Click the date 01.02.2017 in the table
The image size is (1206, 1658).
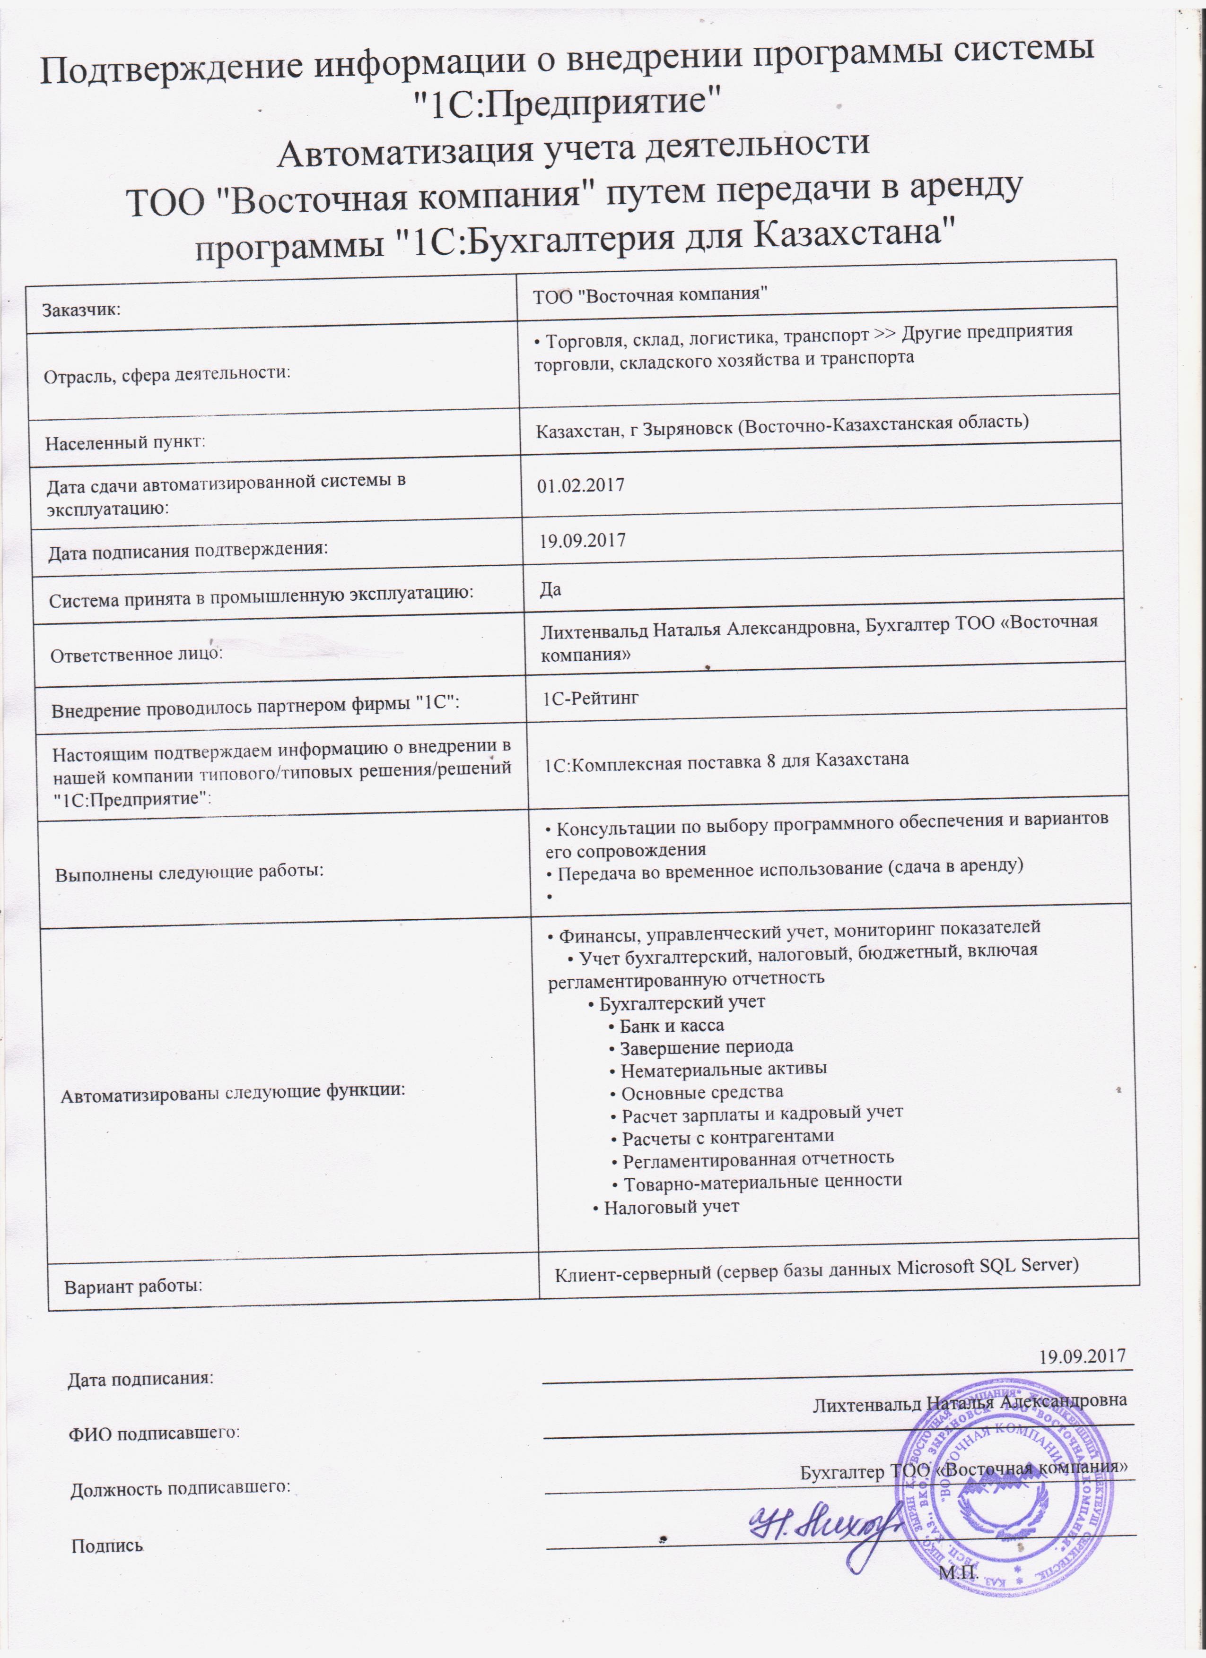click(x=581, y=485)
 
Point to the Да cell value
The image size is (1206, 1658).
click(x=551, y=589)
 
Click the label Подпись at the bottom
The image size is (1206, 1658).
click(x=107, y=1546)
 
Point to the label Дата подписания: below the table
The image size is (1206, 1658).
click(x=140, y=1379)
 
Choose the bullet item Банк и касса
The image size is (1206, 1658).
click(x=672, y=1026)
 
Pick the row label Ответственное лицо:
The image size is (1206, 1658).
click(x=137, y=654)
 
